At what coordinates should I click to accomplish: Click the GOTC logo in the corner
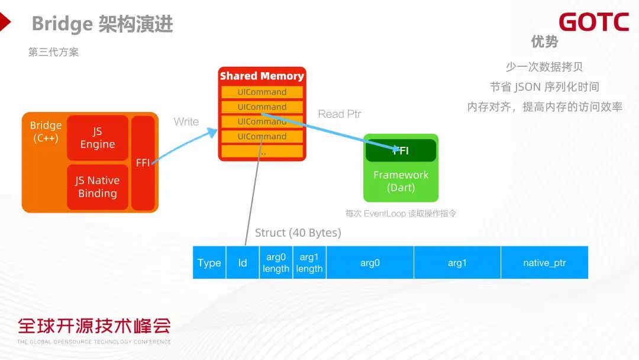593,22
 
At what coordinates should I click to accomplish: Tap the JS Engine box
98,138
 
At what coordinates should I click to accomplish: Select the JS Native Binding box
98,187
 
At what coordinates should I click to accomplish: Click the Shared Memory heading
262,76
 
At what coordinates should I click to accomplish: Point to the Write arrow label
186,121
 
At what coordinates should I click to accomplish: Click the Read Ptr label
340,114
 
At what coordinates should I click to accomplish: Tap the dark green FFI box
401,150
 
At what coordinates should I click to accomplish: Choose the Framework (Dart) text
401,181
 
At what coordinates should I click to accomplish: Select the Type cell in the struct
209,263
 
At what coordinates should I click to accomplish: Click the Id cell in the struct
243,263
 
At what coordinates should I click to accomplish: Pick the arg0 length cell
276,263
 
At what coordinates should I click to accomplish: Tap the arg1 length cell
309,263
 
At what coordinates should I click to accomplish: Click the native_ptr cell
544,263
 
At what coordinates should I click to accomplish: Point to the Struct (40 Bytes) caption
298,233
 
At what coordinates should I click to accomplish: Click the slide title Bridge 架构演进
102,24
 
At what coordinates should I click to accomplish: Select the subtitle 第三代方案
53,52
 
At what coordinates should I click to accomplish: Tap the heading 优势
544,41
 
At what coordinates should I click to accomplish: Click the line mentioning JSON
544,87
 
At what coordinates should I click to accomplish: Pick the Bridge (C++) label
46,131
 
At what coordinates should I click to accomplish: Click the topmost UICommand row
262,92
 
